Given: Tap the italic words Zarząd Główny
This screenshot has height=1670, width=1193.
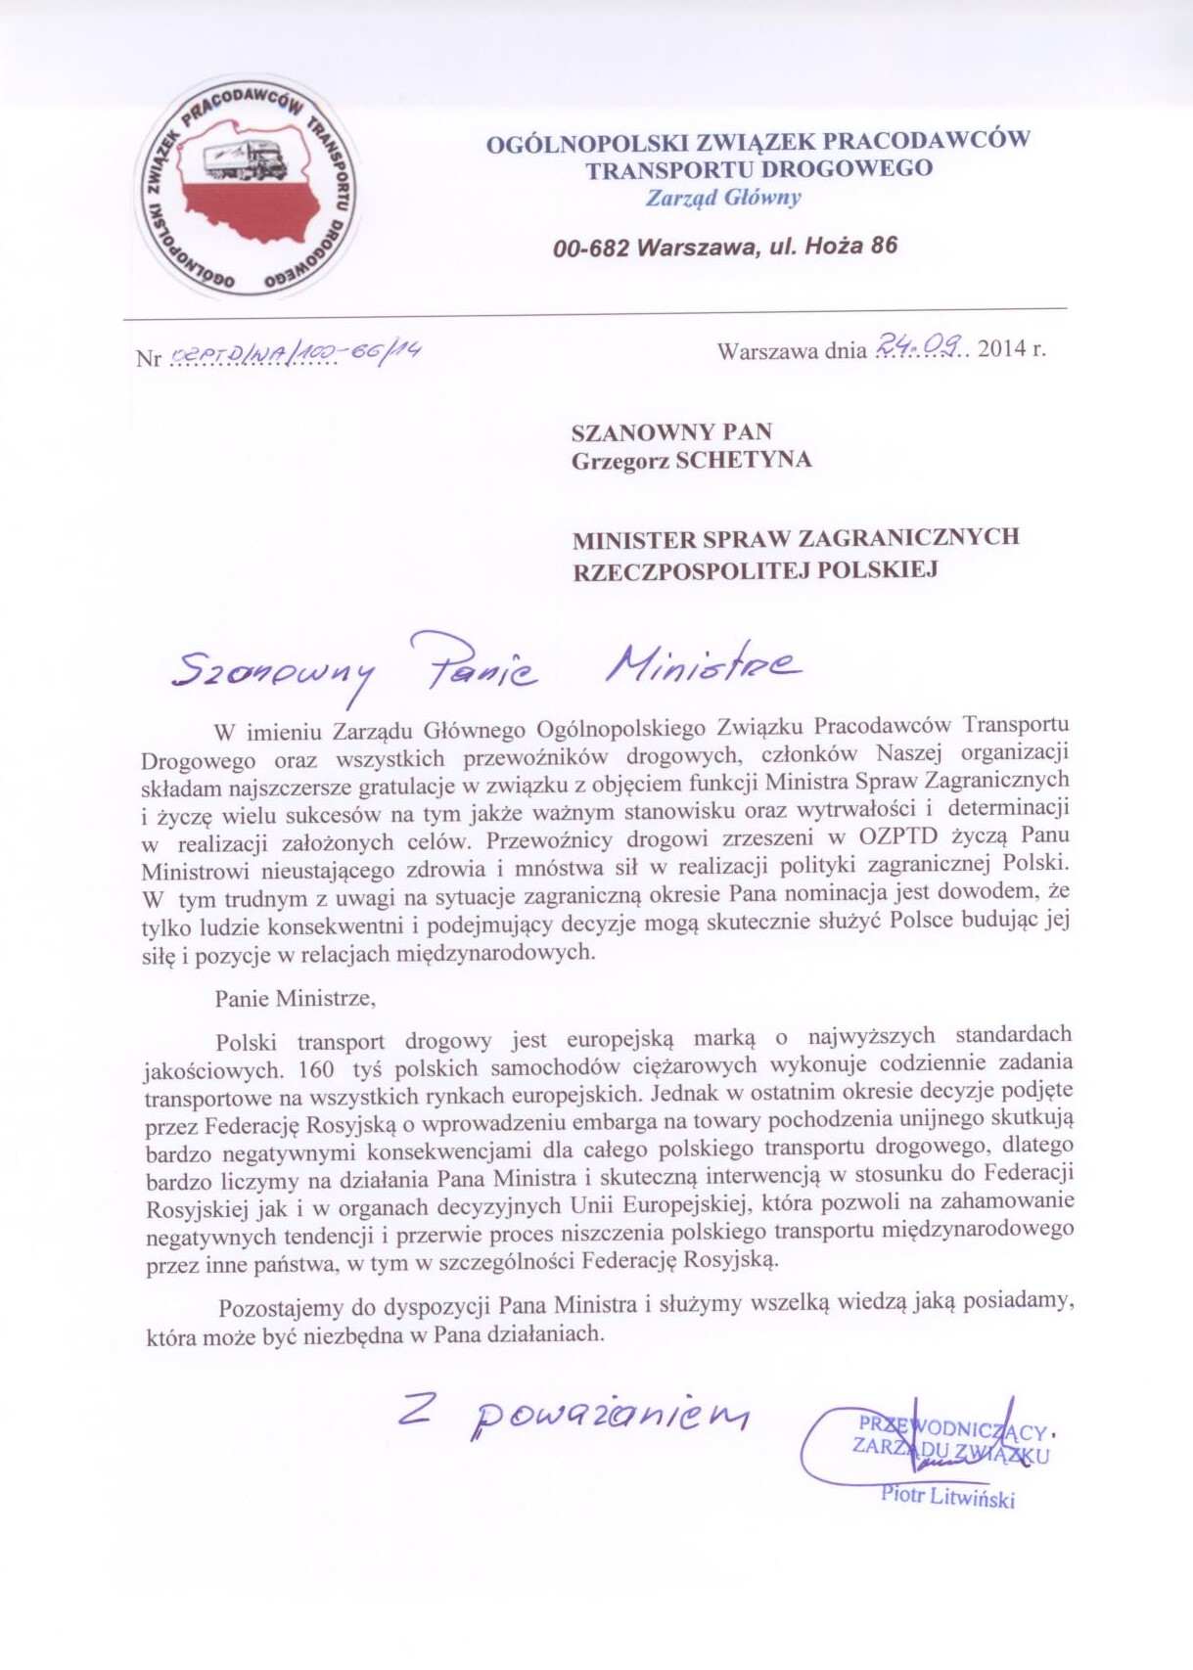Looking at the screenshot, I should pyautogui.click(x=723, y=198).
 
